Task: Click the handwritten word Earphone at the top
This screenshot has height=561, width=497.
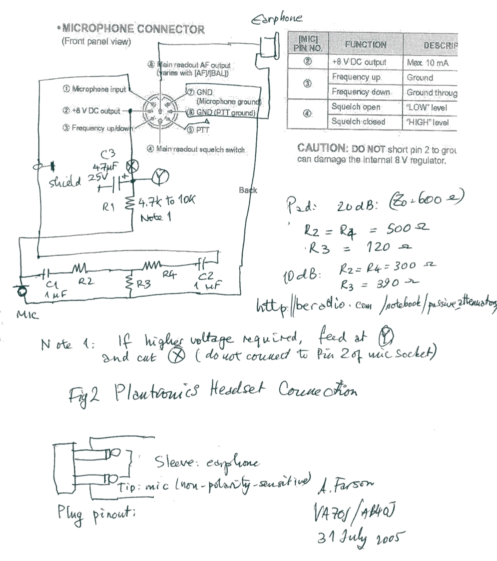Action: pyautogui.click(x=277, y=19)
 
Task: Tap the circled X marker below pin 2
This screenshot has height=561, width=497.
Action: pyautogui.click(x=134, y=166)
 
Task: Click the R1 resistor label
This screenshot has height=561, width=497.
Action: pyautogui.click(x=110, y=204)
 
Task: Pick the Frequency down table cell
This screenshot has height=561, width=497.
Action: pyautogui.click(x=361, y=92)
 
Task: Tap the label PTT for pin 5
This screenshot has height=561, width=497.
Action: pyautogui.click(x=203, y=130)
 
